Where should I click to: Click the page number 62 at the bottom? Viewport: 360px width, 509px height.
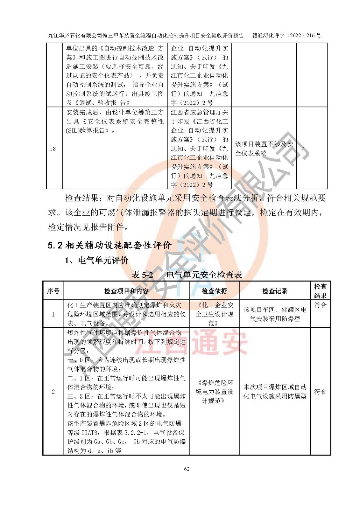(187, 469)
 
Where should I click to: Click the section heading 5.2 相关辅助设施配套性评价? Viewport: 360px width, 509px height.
(109, 245)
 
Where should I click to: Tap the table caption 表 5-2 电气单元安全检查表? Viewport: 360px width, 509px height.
(187, 275)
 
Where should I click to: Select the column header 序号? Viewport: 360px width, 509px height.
(53, 291)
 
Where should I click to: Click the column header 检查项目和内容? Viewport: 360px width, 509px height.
(126, 291)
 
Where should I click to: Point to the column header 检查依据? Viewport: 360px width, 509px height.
(214, 291)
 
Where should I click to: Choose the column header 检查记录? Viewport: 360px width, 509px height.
(275, 291)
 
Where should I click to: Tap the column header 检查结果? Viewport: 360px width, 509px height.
(320, 291)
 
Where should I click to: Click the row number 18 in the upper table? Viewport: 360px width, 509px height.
(53, 149)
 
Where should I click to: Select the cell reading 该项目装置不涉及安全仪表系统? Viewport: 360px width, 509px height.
(264, 149)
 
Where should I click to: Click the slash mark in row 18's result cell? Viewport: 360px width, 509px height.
(303, 148)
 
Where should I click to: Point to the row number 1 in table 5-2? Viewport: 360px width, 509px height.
(53, 314)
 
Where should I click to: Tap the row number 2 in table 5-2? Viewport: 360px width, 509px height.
(53, 392)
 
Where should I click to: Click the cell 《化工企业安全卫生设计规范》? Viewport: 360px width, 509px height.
(214, 314)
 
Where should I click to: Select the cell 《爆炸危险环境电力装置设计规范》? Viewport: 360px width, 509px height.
(214, 392)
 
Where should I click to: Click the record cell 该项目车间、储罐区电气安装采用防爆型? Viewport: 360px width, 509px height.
(275, 314)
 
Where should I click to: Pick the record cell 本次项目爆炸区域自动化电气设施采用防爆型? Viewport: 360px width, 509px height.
(275, 392)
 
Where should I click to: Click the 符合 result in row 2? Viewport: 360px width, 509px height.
(320, 392)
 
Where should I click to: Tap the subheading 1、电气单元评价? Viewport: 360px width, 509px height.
(96, 260)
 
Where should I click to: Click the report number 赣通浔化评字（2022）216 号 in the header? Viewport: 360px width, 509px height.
(286, 36)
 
